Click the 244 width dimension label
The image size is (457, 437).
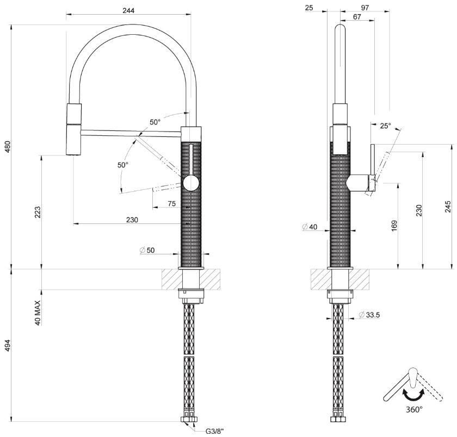pyautogui.click(x=128, y=10)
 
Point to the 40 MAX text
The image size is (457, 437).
pyautogui.click(x=38, y=313)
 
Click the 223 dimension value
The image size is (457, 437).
pyautogui.click(x=38, y=212)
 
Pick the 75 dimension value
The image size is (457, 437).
pyautogui.click(x=172, y=203)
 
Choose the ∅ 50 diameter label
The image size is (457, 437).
pyautogui.click(x=147, y=250)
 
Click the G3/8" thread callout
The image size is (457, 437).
pyautogui.click(x=215, y=430)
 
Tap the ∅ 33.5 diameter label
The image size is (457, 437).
pyautogui.click(x=369, y=315)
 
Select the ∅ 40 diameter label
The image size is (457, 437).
pyautogui.click(x=310, y=227)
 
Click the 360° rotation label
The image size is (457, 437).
pyautogui.click(x=414, y=410)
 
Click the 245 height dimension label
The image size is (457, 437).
pyautogui.click(x=448, y=207)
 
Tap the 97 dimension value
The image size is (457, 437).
pyautogui.click(x=365, y=8)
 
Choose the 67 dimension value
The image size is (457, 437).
pyautogui.click(x=357, y=17)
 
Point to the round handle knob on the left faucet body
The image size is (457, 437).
pyautogui.click(x=191, y=183)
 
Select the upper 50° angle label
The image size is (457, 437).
pyautogui.click(x=155, y=122)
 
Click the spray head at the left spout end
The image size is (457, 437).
pyautogui.click(x=74, y=139)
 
